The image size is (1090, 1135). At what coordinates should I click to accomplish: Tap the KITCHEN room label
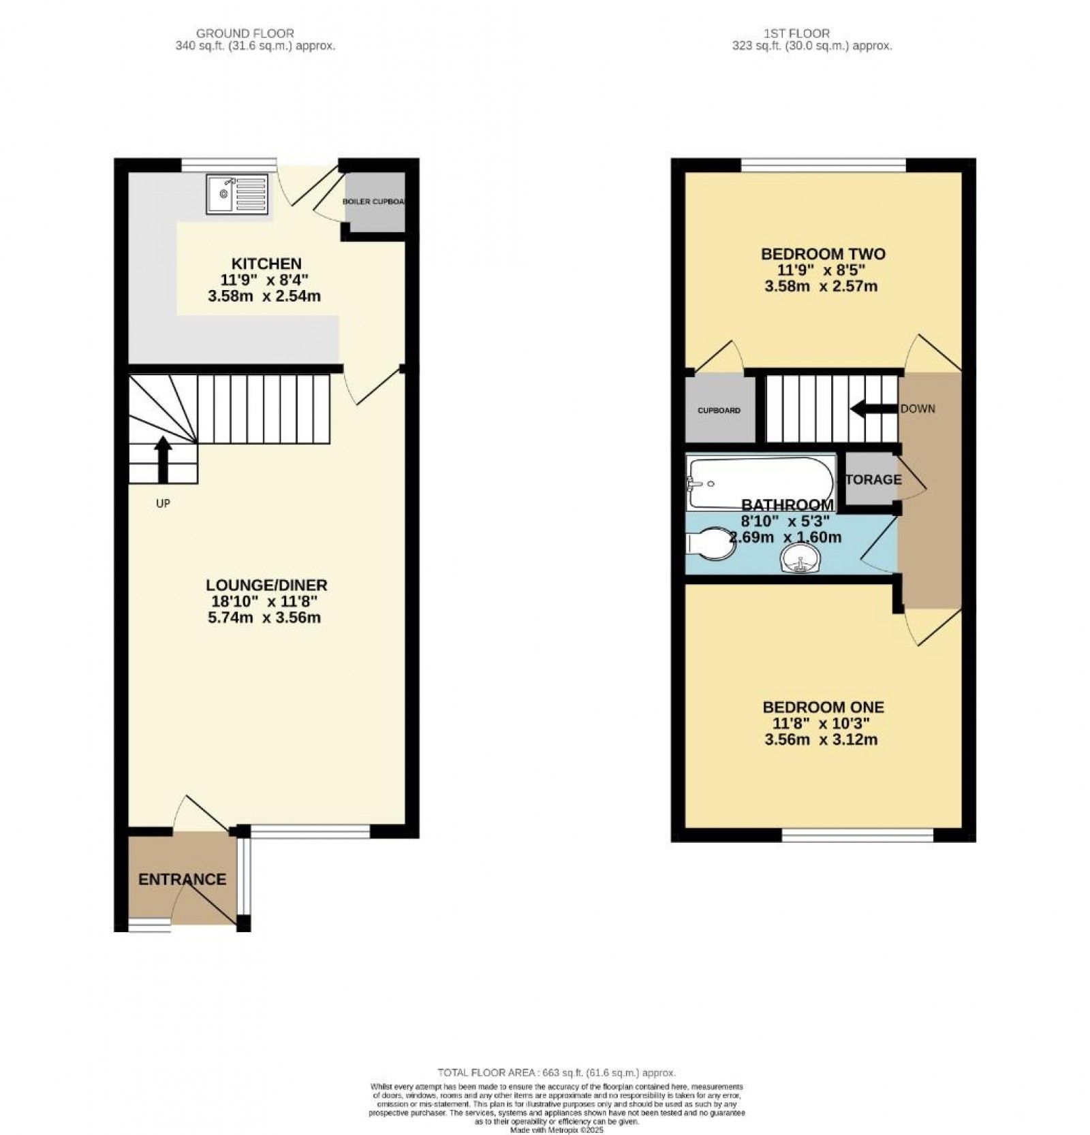266,263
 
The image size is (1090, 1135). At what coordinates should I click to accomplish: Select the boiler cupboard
374,202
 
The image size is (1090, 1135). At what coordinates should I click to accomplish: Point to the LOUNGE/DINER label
266,585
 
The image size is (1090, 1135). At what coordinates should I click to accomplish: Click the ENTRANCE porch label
182,879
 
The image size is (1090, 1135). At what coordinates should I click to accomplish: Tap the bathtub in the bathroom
760,483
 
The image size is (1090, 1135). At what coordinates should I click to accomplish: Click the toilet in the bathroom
706,545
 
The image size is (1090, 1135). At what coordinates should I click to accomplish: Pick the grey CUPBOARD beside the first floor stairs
719,411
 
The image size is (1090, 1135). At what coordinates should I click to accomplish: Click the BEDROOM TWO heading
823,254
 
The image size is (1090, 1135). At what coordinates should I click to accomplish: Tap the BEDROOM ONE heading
823,707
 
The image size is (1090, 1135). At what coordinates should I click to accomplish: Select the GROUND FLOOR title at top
245,33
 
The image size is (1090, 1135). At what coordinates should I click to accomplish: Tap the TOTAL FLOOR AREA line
556,1072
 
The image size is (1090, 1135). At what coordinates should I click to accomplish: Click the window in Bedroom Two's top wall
823,165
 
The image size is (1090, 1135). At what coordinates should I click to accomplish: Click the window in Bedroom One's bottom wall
857,835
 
